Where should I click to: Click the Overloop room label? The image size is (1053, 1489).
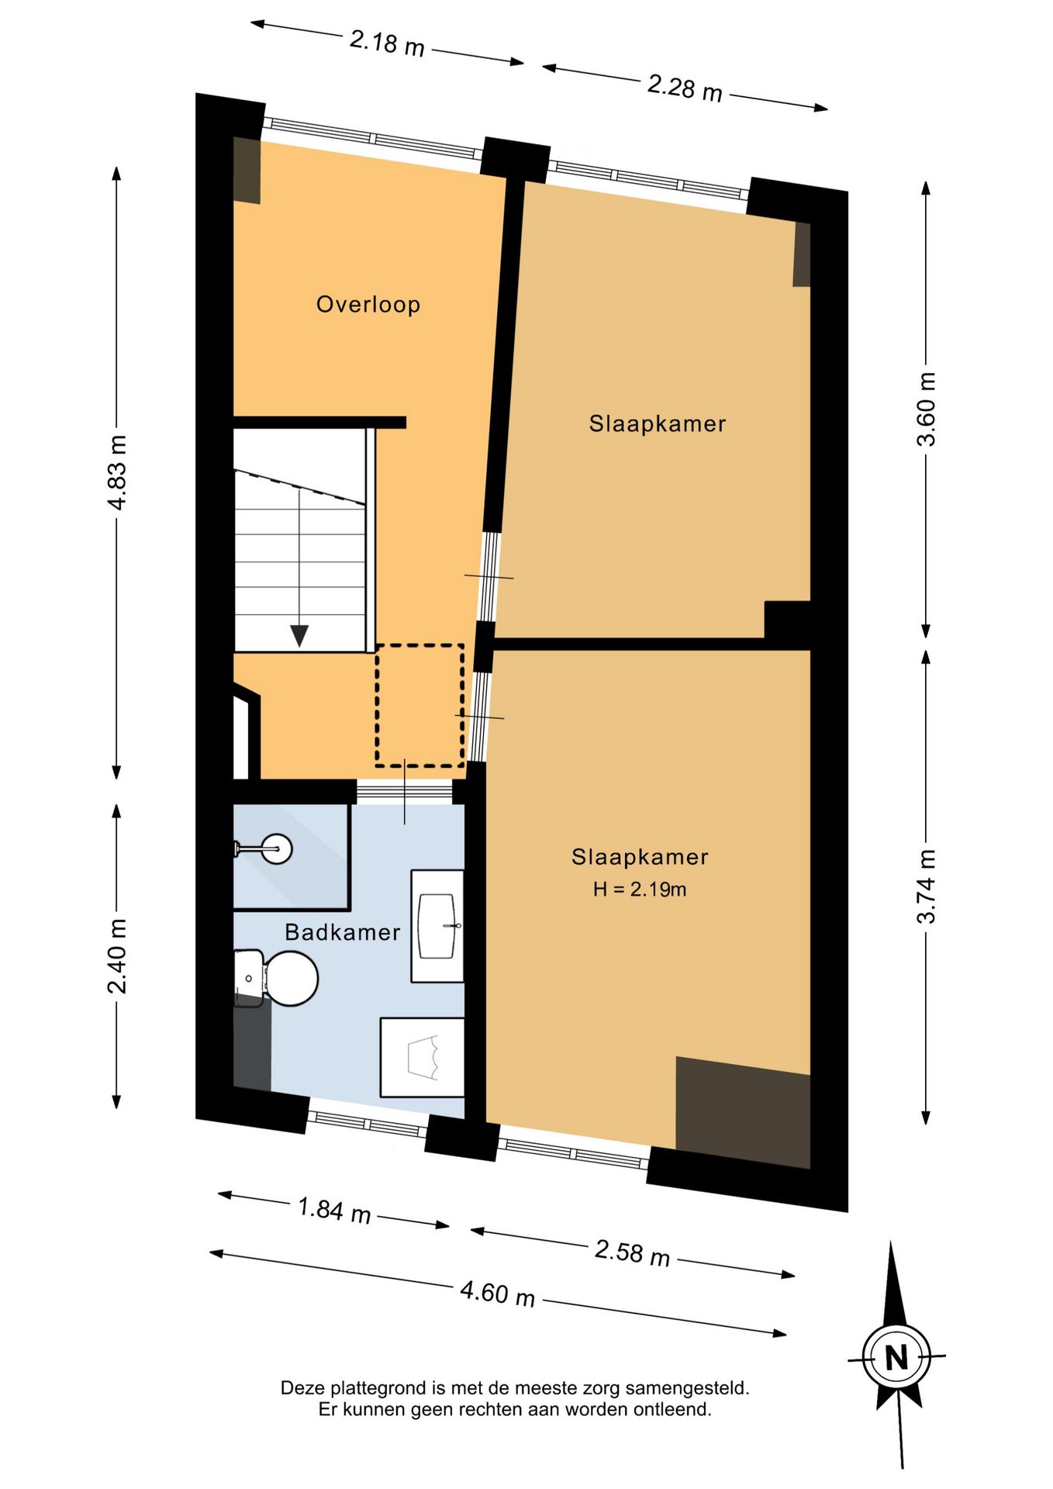[368, 304]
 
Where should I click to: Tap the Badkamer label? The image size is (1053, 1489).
[343, 932]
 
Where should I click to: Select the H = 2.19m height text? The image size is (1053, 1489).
[640, 890]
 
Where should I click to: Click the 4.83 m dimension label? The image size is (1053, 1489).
[118, 472]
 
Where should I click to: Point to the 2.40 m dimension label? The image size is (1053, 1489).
[118, 956]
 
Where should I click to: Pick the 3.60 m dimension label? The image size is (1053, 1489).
[927, 409]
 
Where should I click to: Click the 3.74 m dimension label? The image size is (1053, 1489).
[927, 886]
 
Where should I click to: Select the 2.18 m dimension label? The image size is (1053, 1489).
[387, 43]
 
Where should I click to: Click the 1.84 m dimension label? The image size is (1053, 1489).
[334, 1210]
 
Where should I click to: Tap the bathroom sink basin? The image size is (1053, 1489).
[437, 925]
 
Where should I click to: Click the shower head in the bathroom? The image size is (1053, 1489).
[275, 848]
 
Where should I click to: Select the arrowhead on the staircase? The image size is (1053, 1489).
[299, 636]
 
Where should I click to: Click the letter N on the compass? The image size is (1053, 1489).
[896, 1358]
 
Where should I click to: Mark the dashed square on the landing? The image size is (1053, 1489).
[419, 706]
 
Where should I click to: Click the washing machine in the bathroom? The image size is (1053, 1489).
[422, 1057]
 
